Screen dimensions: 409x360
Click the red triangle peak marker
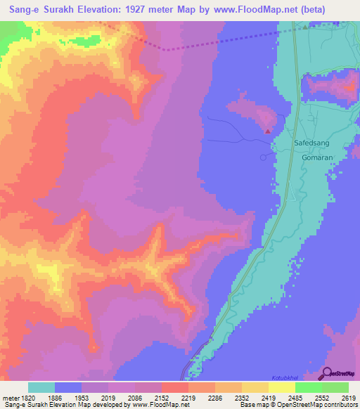coord(268,130)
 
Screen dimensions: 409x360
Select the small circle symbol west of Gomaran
coord(264,157)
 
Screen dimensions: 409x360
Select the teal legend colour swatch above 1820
coord(41,387)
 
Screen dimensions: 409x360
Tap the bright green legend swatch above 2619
coord(335,387)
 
